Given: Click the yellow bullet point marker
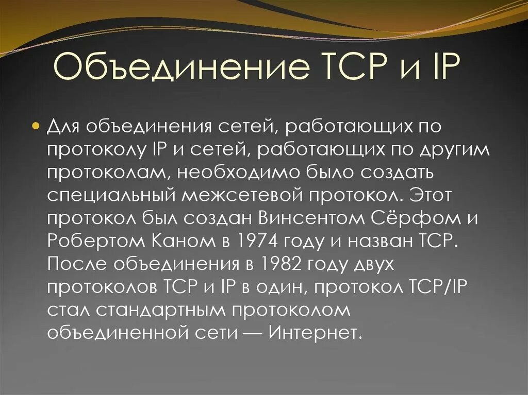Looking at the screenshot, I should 36,127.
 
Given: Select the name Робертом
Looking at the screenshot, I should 84,241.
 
